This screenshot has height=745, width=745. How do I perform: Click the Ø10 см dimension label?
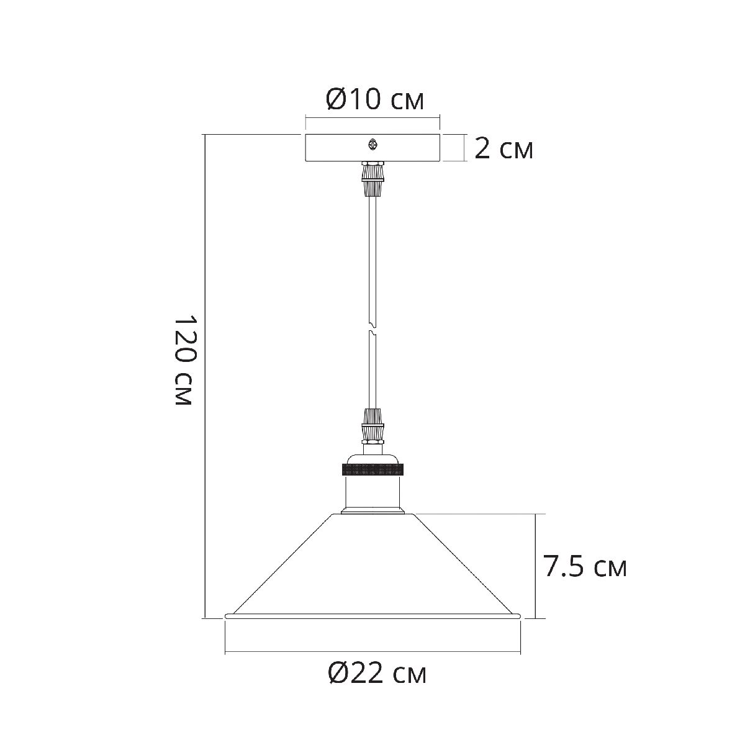(375, 99)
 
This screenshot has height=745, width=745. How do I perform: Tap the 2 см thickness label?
(503, 149)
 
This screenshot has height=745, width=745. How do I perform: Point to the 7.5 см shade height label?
(584, 567)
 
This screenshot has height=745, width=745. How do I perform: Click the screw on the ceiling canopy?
(372, 145)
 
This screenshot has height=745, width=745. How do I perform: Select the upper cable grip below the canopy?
(372, 181)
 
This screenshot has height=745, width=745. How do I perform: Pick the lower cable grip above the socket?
(372, 425)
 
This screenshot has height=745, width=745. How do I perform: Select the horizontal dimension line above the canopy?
(372, 116)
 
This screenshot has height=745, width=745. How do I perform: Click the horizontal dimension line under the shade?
(372, 652)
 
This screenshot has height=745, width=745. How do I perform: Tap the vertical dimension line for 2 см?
(464, 148)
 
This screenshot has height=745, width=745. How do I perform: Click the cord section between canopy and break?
(372, 261)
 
